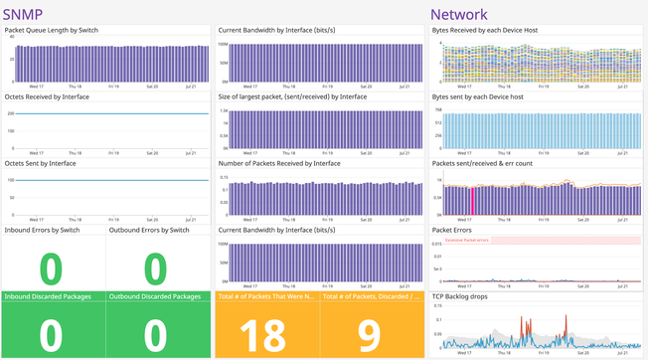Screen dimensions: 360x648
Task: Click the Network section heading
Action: (x=458, y=14)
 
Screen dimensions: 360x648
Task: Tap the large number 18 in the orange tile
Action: (x=263, y=336)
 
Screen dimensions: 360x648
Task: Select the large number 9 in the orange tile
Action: (x=369, y=336)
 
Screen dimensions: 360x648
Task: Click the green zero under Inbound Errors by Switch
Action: (x=52, y=269)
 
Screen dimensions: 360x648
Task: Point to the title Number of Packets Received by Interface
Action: (x=278, y=163)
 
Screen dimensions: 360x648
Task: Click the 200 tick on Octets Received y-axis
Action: (x=9, y=113)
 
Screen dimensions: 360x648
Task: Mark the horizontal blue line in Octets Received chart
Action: (x=109, y=113)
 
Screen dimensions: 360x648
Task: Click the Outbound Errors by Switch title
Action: (x=152, y=231)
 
